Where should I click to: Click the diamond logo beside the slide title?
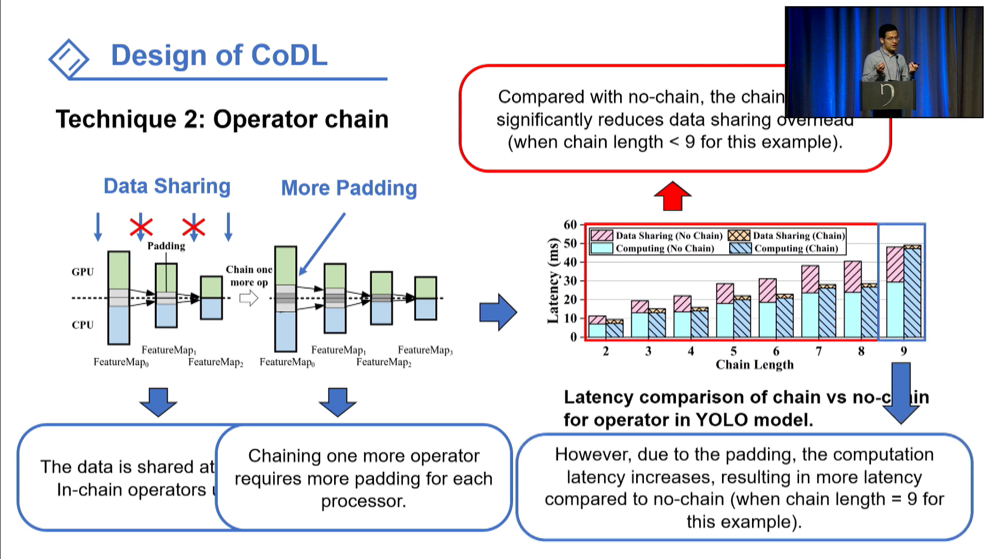(69, 58)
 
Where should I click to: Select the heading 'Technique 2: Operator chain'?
(222, 119)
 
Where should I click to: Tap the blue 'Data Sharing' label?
(167, 186)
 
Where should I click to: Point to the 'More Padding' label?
(349, 188)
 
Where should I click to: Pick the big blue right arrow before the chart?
(498, 312)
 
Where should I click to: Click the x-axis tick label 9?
(904, 351)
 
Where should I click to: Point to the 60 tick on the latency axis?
(570, 225)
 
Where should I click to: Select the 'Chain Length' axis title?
(754, 365)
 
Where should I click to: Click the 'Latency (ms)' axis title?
(553, 281)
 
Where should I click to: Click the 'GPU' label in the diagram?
(82, 272)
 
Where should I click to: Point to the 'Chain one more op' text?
(249, 276)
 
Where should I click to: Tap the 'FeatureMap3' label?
(425, 350)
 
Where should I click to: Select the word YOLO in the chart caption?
(721, 420)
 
